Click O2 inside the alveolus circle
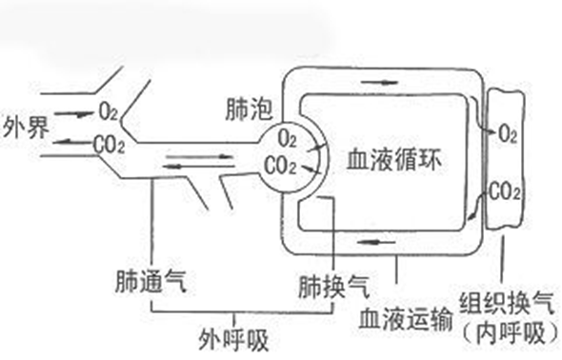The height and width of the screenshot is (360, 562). coord(289,140)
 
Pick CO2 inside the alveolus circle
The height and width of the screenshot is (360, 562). coord(283,166)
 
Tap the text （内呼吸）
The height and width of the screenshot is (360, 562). coord(502,332)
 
